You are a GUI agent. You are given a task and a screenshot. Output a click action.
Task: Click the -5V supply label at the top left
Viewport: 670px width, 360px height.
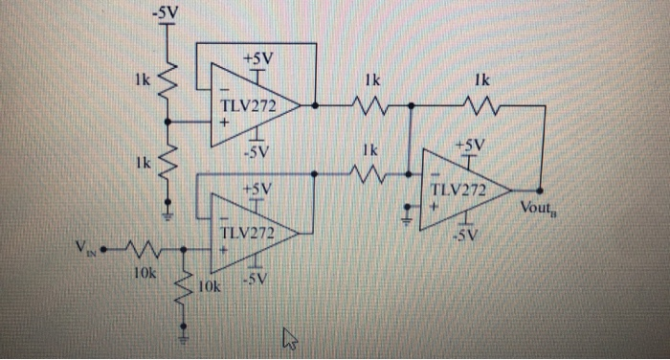click(x=166, y=13)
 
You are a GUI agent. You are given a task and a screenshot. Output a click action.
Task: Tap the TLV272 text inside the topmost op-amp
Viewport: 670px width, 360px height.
click(x=248, y=105)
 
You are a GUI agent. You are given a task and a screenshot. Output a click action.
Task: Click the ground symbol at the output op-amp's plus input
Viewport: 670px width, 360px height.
click(x=408, y=219)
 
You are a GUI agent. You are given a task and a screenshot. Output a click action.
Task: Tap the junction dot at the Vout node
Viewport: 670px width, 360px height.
click(x=542, y=189)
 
